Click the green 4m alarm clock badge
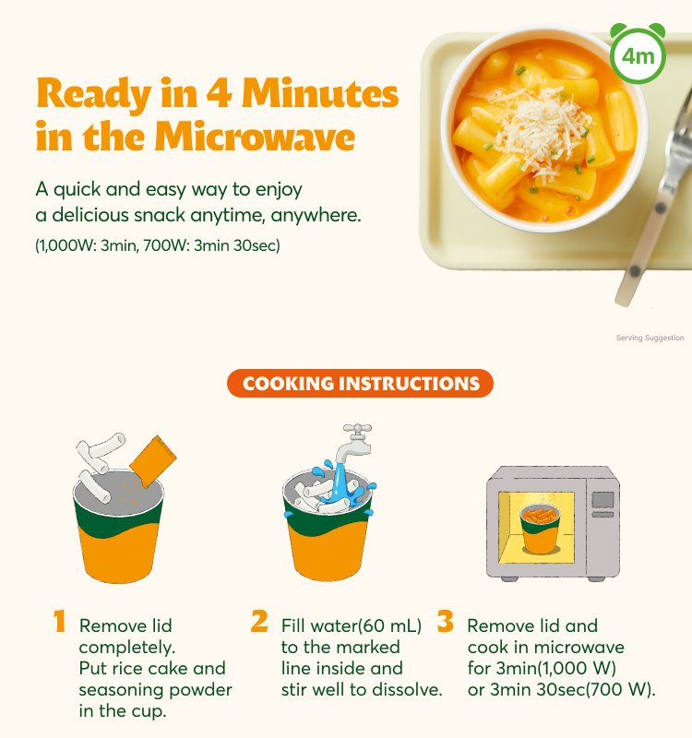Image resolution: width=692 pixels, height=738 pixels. coord(638,54)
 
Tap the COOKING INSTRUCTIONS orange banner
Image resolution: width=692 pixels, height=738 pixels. coord(360,383)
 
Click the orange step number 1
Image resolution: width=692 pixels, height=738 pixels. coord(59,621)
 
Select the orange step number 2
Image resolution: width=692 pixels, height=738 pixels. coord(259,621)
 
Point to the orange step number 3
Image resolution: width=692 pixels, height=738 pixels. coord(445,621)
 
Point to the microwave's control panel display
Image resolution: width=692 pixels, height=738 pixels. coord(603,499)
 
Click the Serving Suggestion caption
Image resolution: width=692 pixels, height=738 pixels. coord(650,338)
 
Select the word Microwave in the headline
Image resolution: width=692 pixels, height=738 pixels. coord(255,137)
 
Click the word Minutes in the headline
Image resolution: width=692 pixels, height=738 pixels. coord(320,93)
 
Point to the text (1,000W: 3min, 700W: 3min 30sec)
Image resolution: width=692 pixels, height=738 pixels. coord(158,245)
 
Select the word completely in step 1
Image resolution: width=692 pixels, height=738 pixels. coord(126,648)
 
